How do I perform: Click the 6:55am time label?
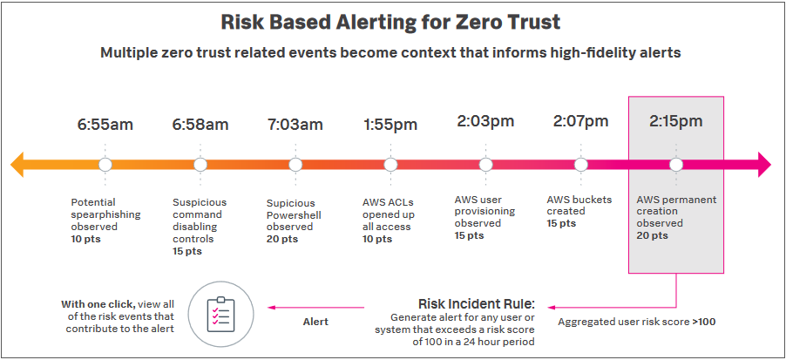(x=105, y=124)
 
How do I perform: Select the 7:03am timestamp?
(x=295, y=124)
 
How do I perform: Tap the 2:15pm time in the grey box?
(x=675, y=121)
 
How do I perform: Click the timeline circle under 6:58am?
(x=200, y=165)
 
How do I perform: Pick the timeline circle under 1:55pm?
(x=390, y=165)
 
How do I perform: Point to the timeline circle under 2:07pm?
(x=581, y=165)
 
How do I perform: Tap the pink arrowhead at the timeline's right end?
(x=764, y=165)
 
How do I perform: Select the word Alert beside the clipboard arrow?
(x=315, y=322)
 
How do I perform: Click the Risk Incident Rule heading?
(x=477, y=304)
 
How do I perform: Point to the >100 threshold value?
(x=704, y=322)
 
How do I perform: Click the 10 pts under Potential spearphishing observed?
(x=85, y=239)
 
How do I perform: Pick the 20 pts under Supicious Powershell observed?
(x=282, y=239)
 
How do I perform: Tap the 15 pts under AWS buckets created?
(x=561, y=223)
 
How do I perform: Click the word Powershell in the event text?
(x=294, y=215)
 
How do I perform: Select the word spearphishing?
(x=105, y=214)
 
